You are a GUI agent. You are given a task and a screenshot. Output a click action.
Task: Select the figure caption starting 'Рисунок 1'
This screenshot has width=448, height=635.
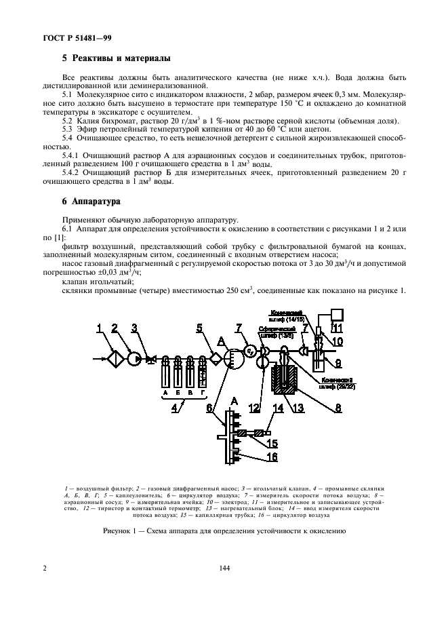coord(224,531)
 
